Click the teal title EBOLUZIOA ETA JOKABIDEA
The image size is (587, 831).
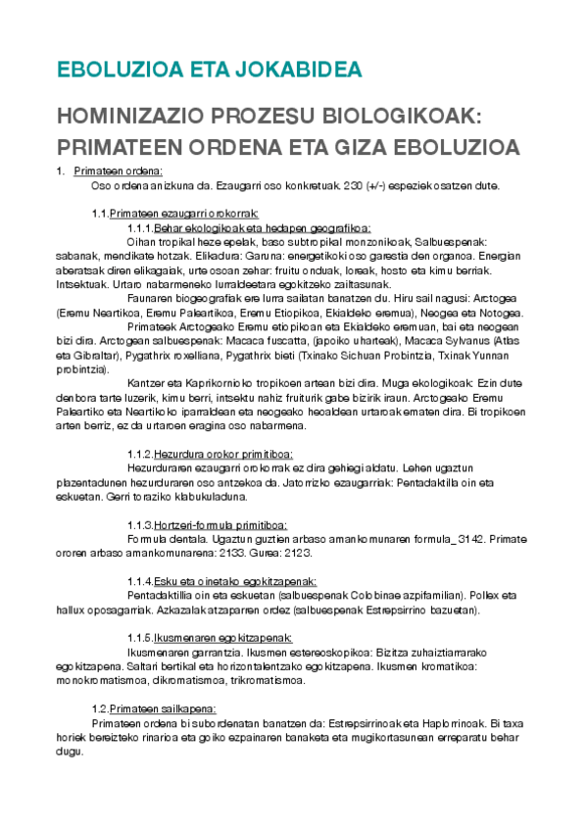pos(210,70)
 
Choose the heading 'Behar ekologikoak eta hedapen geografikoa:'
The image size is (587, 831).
pos(262,227)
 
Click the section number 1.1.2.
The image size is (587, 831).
pos(140,454)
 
